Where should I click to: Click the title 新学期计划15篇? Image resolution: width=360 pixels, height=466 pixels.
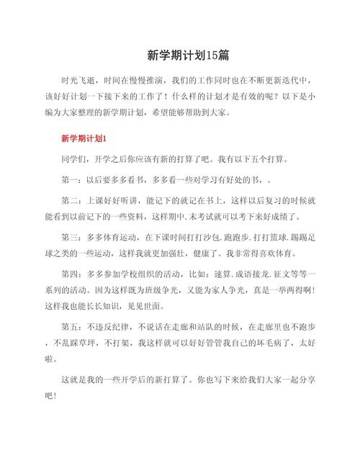(x=179, y=55)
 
